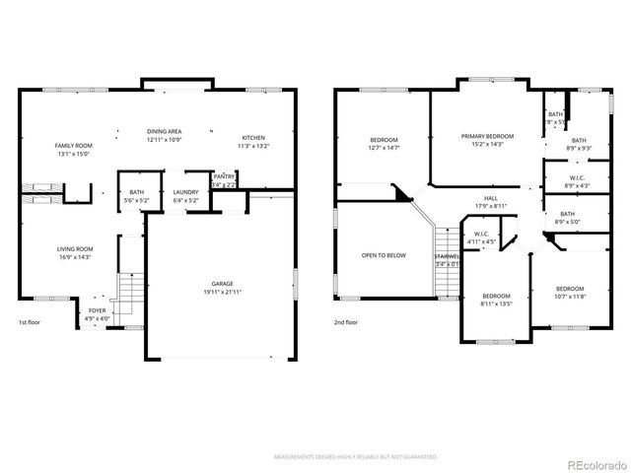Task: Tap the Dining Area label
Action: [164, 136]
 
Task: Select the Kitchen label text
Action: [253, 141]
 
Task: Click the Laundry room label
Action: [186, 196]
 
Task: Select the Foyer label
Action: [98, 314]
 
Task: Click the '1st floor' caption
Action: [30, 322]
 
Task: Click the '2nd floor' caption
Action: [345, 322]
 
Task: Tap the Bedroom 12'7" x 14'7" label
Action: [384, 144]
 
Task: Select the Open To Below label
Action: [384, 255]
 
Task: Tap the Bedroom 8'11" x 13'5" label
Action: [496, 300]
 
